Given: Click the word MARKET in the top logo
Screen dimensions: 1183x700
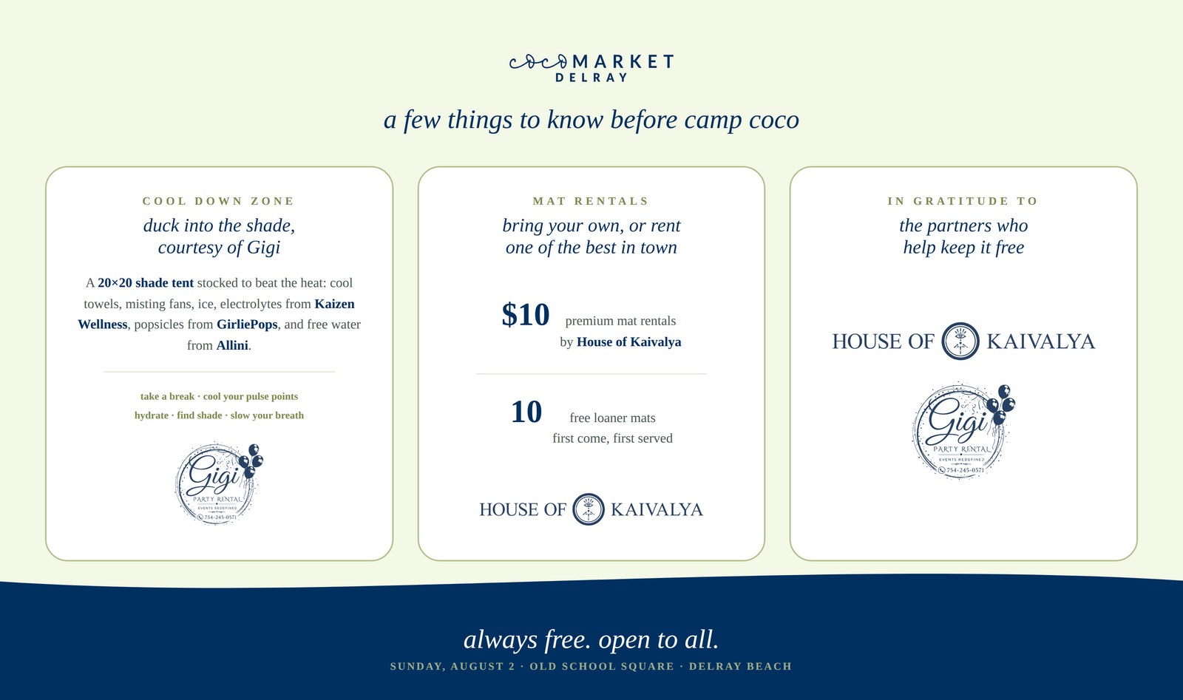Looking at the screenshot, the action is [x=623, y=62].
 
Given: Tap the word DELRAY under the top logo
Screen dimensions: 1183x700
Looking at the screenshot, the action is [x=591, y=78].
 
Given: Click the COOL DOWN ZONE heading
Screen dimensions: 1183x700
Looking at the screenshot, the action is [x=219, y=201].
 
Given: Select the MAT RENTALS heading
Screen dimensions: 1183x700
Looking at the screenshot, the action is [x=591, y=201].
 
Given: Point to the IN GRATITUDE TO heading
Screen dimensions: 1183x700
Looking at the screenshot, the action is [x=963, y=201].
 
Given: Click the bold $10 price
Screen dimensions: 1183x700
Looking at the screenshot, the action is [x=526, y=315].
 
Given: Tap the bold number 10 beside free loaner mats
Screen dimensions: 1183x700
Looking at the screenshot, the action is [x=526, y=412].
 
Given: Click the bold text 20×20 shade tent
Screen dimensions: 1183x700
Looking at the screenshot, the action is [x=146, y=283].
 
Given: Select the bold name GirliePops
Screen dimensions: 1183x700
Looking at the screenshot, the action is [x=247, y=324].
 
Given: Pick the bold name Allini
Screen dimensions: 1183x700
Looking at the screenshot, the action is [x=232, y=345].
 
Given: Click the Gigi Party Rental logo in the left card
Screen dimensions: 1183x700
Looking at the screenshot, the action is [x=219, y=483].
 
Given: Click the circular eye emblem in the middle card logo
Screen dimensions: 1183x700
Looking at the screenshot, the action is [x=589, y=509].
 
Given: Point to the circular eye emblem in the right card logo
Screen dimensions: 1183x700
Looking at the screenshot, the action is [x=960, y=341].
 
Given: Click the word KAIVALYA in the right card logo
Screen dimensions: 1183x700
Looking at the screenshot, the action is [x=1041, y=341].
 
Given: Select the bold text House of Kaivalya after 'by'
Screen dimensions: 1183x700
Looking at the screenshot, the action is [x=629, y=342].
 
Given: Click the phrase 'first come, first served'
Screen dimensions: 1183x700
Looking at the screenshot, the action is [x=613, y=438].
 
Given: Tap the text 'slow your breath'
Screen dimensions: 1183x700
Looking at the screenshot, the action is [x=267, y=415].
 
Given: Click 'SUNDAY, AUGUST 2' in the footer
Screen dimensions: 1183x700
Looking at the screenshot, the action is [x=452, y=666].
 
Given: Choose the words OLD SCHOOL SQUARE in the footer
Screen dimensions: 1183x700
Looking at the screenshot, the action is [x=602, y=666].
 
